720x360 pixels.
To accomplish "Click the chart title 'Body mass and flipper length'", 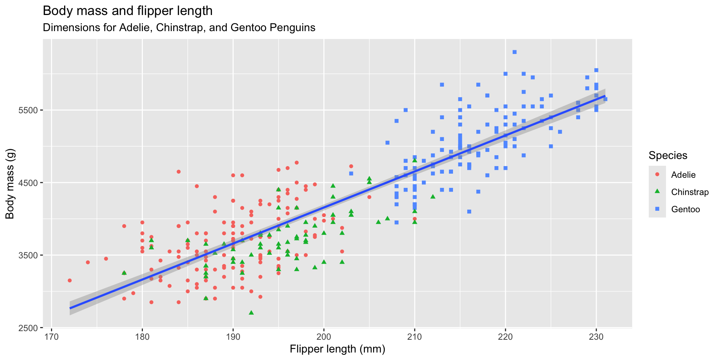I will pyautogui.click(x=127, y=11).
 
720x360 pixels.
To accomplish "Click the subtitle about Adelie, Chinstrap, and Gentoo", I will pyautogui.click(x=179, y=28).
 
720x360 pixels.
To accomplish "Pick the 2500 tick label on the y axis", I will pyautogui.click(x=28, y=328).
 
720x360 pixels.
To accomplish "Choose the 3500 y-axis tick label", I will pyautogui.click(x=28, y=255).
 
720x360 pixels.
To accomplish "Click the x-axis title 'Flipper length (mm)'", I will pyautogui.click(x=337, y=349).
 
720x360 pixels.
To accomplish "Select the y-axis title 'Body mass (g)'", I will pyautogui.click(x=10, y=184).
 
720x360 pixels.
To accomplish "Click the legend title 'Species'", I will pyautogui.click(x=668, y=155).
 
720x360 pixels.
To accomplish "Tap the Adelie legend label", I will pyautogui.click(x=683, y=175).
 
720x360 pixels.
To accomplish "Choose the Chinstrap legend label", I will pyautogui.click(x=690, y=192).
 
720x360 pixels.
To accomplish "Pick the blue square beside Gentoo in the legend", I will pyautogui.click(x=657, y=209).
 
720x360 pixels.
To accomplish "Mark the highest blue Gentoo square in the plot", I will pyautogui.click(x=514, y=52).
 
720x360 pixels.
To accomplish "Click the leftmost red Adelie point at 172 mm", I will pyautogui.click(x=69, y=280).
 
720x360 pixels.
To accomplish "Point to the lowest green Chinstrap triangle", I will pyautogui.click(x=251, y=312).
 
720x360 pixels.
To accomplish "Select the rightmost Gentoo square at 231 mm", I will pyautogui.click(x=605, y=99).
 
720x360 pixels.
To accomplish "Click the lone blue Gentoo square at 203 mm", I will pyautogui.click(x=351, y=173).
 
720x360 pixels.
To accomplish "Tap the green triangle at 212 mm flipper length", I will pyautogui.click(x=433, y=196).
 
